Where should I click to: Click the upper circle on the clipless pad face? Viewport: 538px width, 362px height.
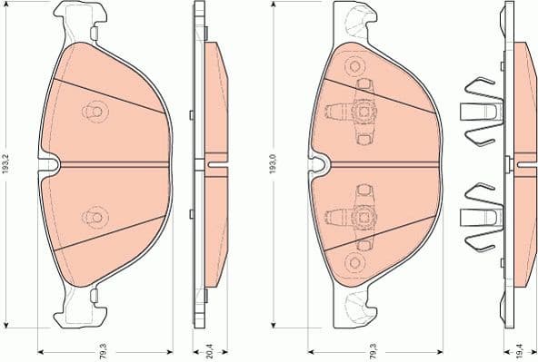click(x=92, y=110)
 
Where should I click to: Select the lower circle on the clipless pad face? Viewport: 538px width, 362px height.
click(x=92, y=217)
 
